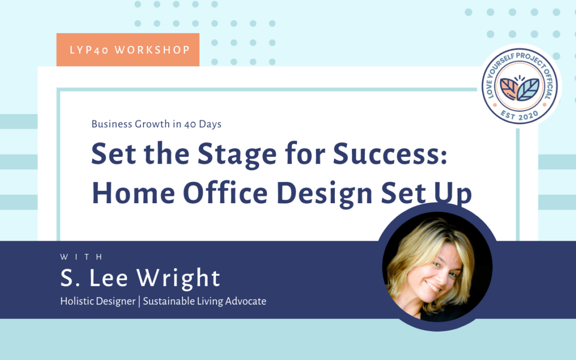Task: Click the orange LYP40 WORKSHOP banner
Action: point(127,50)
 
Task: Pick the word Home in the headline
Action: point(133,193)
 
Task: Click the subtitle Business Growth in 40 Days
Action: point(156,124)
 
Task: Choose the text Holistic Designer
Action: point(98,301)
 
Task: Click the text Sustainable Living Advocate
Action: point(204,301)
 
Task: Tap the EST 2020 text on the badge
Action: point(520,113)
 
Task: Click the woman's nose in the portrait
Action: point(436,275)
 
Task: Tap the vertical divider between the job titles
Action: point(139,301)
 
